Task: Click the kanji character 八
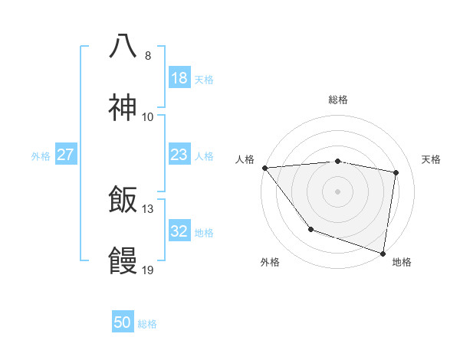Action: click(123, 45)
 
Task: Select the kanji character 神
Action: click(123, 107)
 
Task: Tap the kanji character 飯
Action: click(123, 201)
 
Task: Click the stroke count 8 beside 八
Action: click(147, 55)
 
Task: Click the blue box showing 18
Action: click(179, 78)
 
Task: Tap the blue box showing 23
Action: click(179, 155)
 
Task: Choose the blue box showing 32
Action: click(179, 231)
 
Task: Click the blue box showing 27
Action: click(65, 155)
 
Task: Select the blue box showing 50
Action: click(123, 322)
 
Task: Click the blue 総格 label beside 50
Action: click(147, 324)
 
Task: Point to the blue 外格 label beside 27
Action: click(41, 156)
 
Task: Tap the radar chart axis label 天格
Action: click(431, 159)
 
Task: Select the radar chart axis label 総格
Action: click(338, 100)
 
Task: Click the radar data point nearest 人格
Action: click(264, 168)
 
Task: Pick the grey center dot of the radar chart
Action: click(337, 191)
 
